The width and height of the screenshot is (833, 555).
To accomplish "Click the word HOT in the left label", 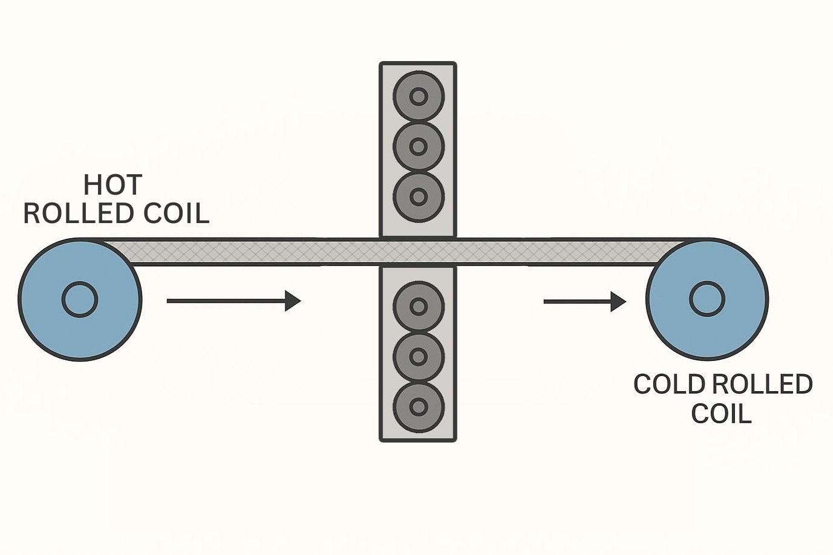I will click(x=113, y=185).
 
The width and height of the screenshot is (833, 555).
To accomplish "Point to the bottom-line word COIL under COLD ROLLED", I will click(x=721, y=414).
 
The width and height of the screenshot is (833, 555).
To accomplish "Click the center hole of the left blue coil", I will click(x=80, y=299).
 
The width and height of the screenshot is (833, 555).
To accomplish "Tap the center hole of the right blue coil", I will click(x=707, y=299).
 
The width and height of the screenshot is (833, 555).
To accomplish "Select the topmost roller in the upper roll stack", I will click(x=419, y=96).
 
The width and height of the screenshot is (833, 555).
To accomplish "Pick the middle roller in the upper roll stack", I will click(x=419, y=146).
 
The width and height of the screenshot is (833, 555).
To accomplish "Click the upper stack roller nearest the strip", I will click(x=419, y=196).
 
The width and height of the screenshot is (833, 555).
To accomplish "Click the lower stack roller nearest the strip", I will click(x=419, y=307).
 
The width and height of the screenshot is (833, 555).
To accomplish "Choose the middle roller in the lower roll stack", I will click(x=419, y=357).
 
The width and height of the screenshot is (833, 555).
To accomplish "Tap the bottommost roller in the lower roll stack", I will click(x=419, y=406).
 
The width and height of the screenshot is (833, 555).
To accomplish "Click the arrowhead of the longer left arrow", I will click(x=293, y=300).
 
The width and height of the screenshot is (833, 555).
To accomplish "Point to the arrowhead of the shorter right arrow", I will click(x=618, y=301).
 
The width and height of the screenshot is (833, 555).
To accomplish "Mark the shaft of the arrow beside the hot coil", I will click(x=224, y=300).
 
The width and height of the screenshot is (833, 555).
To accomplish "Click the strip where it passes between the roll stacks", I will click(x=418, y=252).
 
